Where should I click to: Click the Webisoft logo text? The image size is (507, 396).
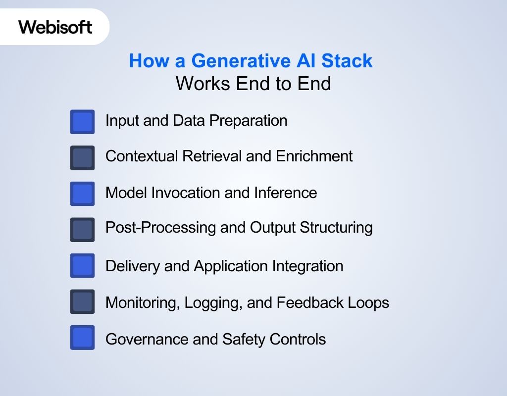(55, 26)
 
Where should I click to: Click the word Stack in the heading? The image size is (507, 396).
(347, 61)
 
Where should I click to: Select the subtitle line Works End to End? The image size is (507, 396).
(253, 84)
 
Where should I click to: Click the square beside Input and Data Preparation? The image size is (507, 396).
(82, 122)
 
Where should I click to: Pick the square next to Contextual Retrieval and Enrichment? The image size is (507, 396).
(82, 158)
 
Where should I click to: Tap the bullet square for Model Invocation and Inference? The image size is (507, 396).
(82, 194)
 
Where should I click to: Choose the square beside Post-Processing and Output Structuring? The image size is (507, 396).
(82, 230)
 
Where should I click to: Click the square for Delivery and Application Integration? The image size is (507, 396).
(82, 266)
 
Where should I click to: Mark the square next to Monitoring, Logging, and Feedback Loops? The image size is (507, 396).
(82, 301)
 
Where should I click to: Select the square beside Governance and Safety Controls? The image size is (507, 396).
(82, 338)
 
